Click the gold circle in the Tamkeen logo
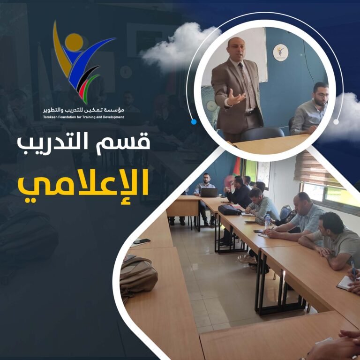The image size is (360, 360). [x=74, y=42]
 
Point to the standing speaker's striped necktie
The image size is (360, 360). [x=247, y=85]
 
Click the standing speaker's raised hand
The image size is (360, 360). [x=235, y=98]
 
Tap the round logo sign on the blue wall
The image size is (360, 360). [x=280, y=52]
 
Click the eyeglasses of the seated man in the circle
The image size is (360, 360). [x=322, y=95]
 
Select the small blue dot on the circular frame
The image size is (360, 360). [x=194, y=122]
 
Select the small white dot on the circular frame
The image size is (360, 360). [x=336, y=122]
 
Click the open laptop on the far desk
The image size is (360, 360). [x=209, y=192]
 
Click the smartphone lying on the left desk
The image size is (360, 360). [x=142, y=241]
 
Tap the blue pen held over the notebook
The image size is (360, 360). [x=353, y=270]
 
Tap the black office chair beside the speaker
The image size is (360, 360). [x=262, y=134]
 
